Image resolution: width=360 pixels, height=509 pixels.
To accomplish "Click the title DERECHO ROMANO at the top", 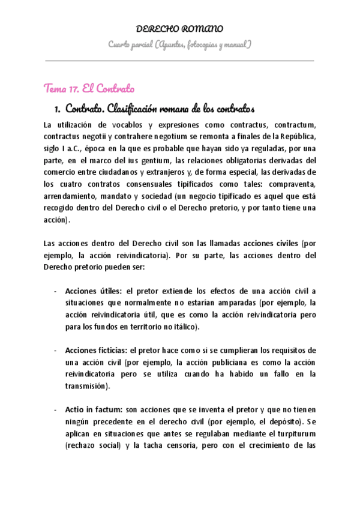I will point(180,29).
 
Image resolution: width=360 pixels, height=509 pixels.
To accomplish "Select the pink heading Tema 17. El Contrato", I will point(89,88).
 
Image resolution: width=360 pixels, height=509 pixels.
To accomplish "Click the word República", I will point(296,136).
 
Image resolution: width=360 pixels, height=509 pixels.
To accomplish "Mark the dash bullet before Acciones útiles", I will point(55,291).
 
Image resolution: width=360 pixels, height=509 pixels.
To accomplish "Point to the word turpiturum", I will point(292,433).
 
